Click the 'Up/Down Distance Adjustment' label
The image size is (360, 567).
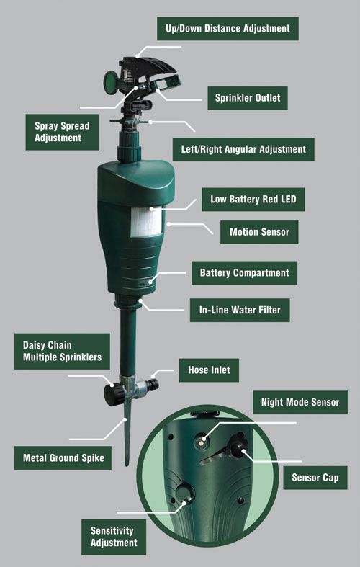point(228,29)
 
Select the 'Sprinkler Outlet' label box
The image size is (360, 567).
point(248,98)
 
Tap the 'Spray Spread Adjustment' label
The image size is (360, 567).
point(62,132)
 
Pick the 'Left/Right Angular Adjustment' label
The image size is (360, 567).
point(243,149)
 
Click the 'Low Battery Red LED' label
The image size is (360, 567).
point(253,200)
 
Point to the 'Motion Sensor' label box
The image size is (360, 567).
point(259,232)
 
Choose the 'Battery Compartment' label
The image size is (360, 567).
point(244,272)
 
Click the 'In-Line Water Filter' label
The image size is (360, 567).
point(240,310)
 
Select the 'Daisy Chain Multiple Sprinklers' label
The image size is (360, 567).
point(62,351)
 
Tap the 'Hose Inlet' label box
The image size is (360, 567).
point(209,370)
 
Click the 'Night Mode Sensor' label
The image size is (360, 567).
point(300,402)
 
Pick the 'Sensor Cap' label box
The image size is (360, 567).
point(315,478)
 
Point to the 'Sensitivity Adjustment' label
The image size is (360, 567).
point(114,537)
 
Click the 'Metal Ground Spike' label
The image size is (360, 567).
point(63,457)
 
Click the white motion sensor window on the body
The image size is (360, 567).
point(146,223)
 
